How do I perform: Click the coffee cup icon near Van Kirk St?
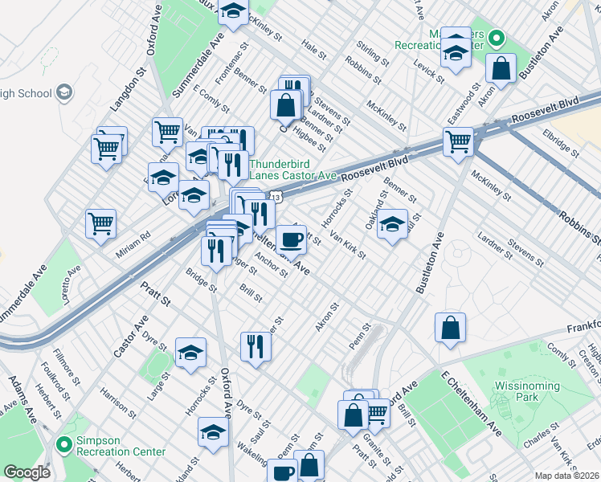[x=291, y=238]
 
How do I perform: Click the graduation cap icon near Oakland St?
[x=393, y=223]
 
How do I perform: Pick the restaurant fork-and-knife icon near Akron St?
[x=256, y=347]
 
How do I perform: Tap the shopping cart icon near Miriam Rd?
[x=101, y=223]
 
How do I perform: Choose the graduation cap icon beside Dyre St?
[x=190, y=353]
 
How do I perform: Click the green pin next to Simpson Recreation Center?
[x=64, y=443]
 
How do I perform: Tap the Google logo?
[x=26, y=472]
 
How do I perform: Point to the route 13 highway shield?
[x=276, y=195]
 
